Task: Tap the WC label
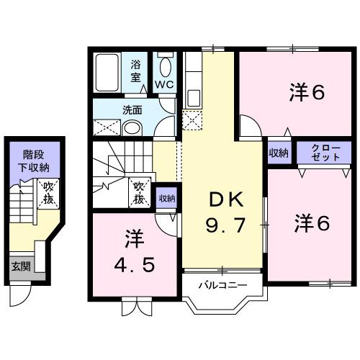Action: (164, 85)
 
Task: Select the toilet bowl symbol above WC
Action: (165, 67)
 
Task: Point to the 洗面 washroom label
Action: (131, 111)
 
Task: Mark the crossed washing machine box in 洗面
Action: (106, 127)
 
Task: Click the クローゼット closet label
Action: (319, 152)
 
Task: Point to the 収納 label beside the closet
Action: (279, 152)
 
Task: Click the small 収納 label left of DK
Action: (166, 198)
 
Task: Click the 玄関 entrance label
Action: (19, 266)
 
